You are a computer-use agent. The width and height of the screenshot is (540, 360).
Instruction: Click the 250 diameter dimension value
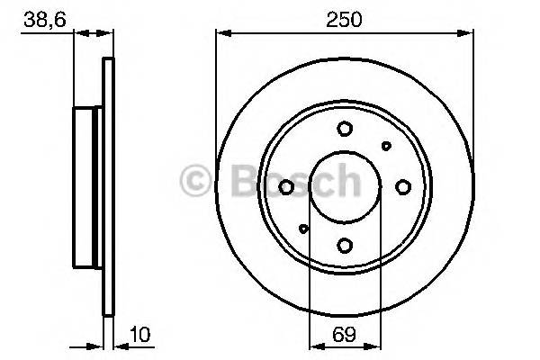pyautogui.click(x=344, y=19)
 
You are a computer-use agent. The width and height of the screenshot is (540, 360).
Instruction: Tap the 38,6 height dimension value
pyautogui.click(x=44, y=20)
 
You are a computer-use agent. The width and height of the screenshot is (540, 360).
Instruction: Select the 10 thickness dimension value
pyautogui.click(x=140, y=334)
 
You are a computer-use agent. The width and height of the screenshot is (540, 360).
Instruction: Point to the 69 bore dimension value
pyautogui.click(x=344, y=334)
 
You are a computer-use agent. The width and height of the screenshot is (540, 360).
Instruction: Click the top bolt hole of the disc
pyautogui.click(x=345, y=129)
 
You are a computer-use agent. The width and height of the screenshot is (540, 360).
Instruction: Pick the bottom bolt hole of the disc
pyautogui.click(x=345, y=246)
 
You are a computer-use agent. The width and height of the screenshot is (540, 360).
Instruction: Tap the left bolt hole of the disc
pyautogui.click(x=286, y=187)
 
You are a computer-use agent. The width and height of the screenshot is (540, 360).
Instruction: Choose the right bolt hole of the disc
pyautogui.click(x=403, y=187)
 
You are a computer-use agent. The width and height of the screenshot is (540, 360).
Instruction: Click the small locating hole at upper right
pyautogui.click(x=386, y=146)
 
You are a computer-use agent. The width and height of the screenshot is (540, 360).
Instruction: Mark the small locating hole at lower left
pyautogui.click(x=303, y=229)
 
